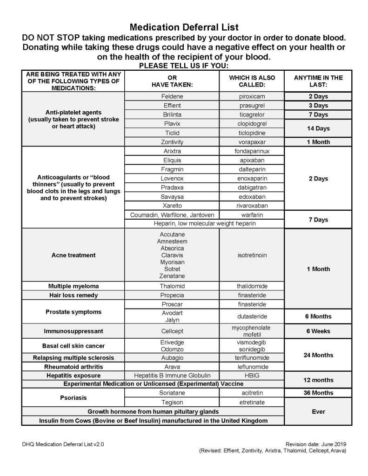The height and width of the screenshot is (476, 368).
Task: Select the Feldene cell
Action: click(172, 97)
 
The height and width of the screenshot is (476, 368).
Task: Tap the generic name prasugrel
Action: click(252, 106)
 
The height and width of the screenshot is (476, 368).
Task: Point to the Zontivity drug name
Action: click(172, 142)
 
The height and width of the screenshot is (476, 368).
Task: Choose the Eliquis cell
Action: click(172, 160)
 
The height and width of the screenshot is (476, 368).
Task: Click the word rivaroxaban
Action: click(252, 205)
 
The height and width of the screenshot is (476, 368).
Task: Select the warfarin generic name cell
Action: click(252, 215)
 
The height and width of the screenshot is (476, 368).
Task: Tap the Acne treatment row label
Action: click(73, 255)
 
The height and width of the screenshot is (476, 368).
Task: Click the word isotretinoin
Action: click(252, 255)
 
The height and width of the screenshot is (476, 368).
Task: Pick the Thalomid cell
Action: click(172, 286)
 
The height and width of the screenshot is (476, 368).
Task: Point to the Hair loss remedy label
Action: click(73, 295)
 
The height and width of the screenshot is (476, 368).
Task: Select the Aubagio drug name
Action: click(172, 358)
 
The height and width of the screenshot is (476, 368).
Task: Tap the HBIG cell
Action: click(252, 375)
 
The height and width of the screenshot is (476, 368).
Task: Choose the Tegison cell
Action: click(172, 402)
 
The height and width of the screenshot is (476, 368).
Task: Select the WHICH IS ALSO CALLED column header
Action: click(252, 81)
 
